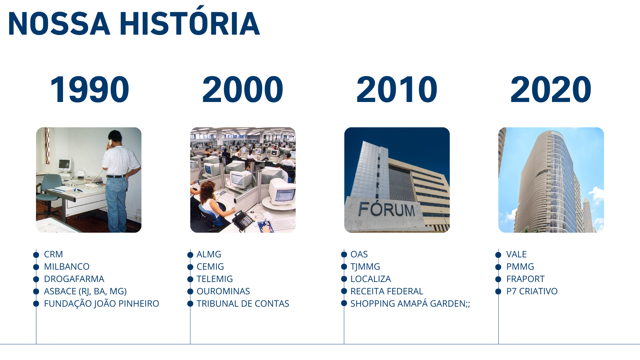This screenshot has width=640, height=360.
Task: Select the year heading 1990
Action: [x=89, y=89]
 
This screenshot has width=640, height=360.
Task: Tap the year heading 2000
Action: [x=243, y=89]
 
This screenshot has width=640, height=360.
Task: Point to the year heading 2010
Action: [x=397, y=89]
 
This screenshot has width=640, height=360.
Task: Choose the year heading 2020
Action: [x=551, y=89]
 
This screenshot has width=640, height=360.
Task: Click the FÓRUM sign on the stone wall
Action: [x=387, y=209]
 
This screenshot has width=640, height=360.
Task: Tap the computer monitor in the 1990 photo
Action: [x=65, y=165]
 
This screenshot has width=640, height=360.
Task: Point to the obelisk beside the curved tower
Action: [x=587, y=213]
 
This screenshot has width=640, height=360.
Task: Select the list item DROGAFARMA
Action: [x=74, y=279]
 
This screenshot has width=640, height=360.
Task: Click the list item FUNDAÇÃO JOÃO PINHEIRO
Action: [x=101, y=304]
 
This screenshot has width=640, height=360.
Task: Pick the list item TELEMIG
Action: [x=215, y=279]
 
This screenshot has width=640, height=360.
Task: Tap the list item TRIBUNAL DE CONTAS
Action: [x=243, y=304]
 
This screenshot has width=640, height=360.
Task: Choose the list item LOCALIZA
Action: [x=371, y=279]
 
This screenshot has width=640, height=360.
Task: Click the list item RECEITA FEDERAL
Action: [x=387, y=291]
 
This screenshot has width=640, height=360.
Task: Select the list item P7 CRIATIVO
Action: [x=532, y=291]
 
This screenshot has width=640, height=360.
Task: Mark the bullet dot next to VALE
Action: [x=498, y=255]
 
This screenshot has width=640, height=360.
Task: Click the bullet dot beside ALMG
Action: [x=190, y=255]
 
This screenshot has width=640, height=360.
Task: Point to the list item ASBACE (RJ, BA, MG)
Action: [x=85, y=292]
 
